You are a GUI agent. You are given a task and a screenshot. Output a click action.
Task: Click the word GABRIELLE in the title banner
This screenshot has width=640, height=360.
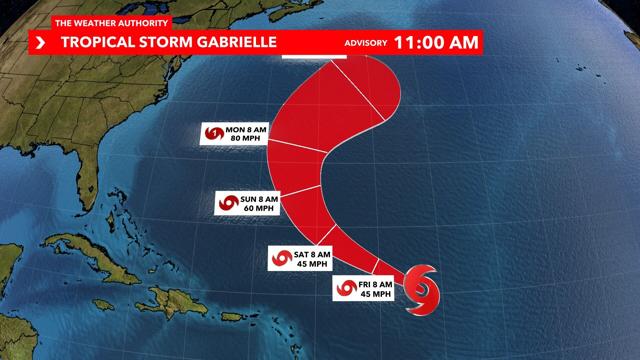click(x=228, y=42)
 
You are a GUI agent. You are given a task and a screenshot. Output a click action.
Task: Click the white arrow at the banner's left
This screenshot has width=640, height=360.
click(x=41, y=42)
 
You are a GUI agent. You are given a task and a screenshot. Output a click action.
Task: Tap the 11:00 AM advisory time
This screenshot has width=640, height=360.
click(x=437, y=42)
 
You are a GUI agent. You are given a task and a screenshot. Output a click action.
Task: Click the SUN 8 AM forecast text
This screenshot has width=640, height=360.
click(x=263, y=197)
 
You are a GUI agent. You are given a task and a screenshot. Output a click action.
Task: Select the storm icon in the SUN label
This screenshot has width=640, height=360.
click(x=227, y=202)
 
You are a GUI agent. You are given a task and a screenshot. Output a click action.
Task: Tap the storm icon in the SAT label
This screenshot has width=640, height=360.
click(x=278, y=258)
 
